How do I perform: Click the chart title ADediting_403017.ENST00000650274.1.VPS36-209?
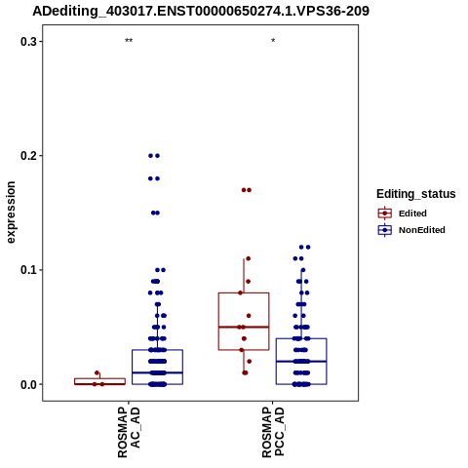(201, 12)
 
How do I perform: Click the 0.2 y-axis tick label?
(29, 156)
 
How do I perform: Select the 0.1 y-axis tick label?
(29, 270)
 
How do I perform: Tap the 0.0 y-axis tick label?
(29, 384)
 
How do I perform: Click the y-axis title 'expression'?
(11, 213)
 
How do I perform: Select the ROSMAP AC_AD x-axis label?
(129, 433)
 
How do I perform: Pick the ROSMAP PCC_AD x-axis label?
(273, 432)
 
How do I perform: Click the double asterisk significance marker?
(129, 41)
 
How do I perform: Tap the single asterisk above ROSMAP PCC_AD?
(273, 41)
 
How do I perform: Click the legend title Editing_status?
(416, 194)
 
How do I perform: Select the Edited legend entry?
(402, 214)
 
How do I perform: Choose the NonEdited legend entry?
(411, 230)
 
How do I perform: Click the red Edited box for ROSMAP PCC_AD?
(244, 292)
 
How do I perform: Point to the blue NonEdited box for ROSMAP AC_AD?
(157, 350)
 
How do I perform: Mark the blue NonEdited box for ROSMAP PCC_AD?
(301, 338)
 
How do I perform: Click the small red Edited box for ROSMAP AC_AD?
(99, 378)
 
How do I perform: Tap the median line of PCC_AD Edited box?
(244, 327)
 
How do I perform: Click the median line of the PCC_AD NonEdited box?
(301, 362)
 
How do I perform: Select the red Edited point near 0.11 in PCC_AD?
(249, 258)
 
